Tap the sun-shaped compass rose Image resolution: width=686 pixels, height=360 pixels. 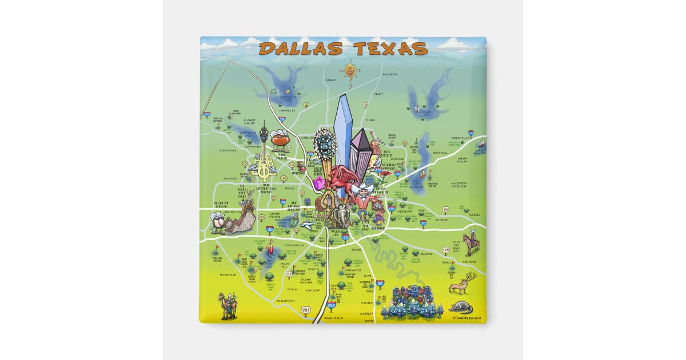350,71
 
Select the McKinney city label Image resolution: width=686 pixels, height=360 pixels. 389,74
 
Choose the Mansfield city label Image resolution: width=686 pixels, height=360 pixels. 227,274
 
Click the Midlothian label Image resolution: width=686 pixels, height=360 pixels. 285,301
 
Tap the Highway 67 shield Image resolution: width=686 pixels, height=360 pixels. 289,274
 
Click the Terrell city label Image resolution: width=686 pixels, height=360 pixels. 473,215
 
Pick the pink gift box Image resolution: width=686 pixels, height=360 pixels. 318,183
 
